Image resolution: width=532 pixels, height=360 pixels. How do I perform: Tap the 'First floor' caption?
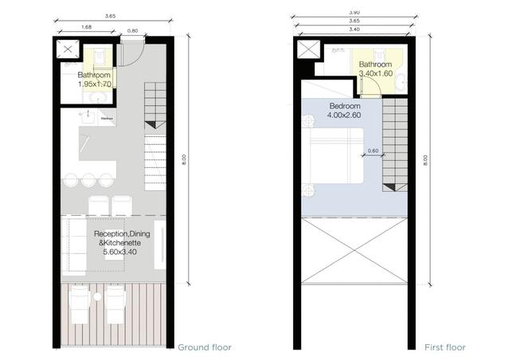point(444,347)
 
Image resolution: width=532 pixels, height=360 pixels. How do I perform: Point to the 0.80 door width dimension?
point(132,30)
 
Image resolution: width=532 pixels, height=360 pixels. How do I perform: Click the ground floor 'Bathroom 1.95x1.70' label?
point(94,79)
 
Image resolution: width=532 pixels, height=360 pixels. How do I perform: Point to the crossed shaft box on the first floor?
point(307,50)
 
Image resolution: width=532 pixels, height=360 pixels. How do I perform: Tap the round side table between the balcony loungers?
point(96,297)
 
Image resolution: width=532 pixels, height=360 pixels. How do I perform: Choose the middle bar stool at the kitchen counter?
point(89,178)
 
